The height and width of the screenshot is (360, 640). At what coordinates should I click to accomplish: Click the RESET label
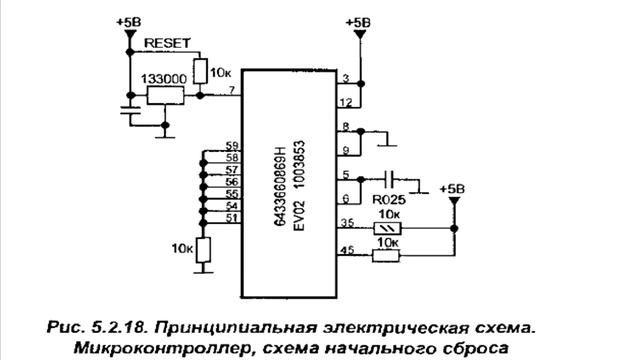coord(166,45)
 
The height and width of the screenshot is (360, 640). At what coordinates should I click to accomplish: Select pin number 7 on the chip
coord(232,91)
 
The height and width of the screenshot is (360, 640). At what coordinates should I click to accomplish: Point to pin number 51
coord(232,218)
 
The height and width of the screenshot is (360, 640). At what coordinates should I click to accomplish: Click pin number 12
coord(344,101)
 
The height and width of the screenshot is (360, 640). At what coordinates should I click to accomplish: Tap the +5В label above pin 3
coord(357,21)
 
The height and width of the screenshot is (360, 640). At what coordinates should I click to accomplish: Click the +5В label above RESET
coord(129,21)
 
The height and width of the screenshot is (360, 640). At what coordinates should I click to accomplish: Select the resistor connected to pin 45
coord(386,257)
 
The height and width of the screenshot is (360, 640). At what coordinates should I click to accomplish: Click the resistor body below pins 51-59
coord(203,249)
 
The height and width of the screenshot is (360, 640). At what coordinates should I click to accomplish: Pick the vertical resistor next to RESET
coord(200,70)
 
